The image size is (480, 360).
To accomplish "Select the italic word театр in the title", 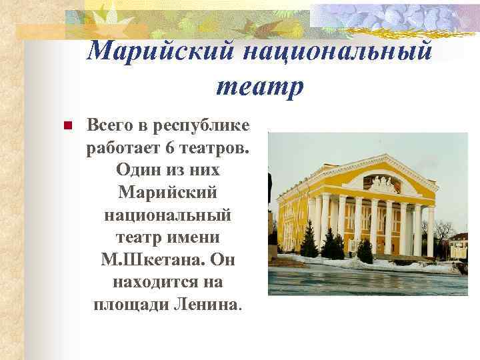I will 259,85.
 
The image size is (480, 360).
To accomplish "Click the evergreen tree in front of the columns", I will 365,250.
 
